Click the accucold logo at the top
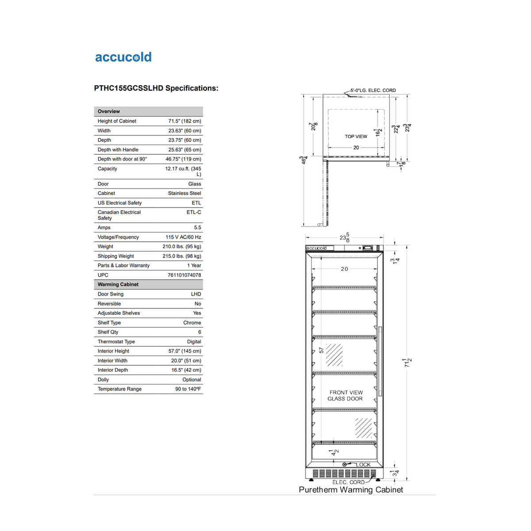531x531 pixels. click(x=123, y=57)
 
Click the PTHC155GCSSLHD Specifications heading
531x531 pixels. click(x=156, y=88)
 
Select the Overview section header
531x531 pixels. click(x=109, y=112)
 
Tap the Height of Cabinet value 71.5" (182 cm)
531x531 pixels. click(x=185, y=121)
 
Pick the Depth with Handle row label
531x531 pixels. click(x=118, y=150)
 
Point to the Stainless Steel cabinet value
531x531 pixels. click(x=185, y=193)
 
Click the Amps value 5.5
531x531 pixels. click(x=197, y=227)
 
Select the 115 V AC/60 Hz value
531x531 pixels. click(x=183, y=237)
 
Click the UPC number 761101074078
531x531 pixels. click(x=184, y=275)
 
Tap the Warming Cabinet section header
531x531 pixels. click(x=118, y=285)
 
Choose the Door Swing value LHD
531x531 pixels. click(x=196, y=294)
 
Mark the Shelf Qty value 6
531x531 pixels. click(x=200, y=332)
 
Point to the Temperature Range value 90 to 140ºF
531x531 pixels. click(x=188, y=389)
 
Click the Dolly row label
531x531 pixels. click(x=103, y=380)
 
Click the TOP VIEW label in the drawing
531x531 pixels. click(x=356, y=136)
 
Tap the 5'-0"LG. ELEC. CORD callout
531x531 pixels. click(x=373, y=90)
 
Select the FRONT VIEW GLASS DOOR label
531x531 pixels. click(x=346, y=396)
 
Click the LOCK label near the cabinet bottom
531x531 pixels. click(x=363, y=465)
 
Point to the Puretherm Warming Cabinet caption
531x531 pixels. click(x=351, y=490)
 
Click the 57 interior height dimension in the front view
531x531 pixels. click(x=321, y=350)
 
